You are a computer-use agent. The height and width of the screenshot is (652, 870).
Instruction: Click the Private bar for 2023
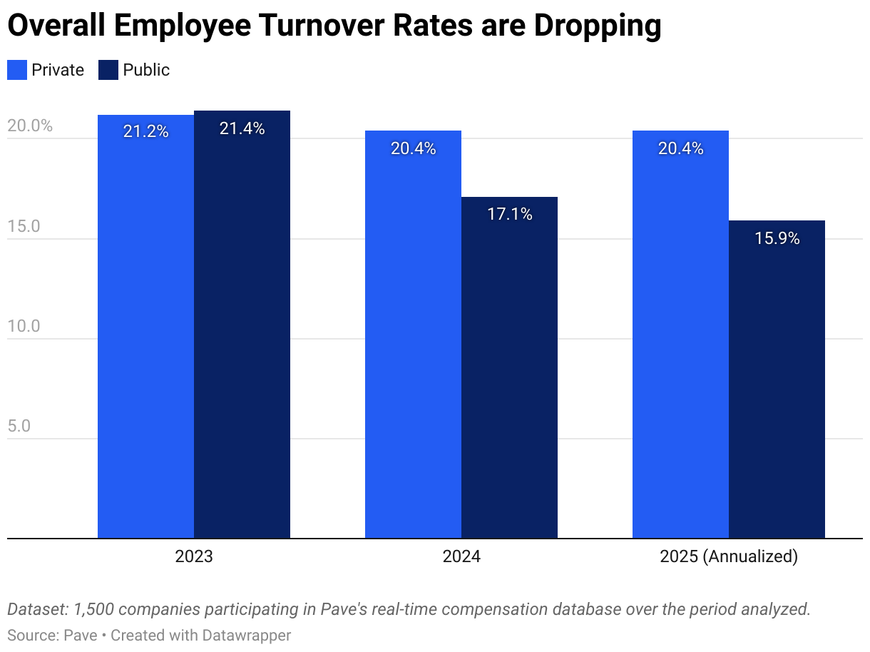tap(145, 328)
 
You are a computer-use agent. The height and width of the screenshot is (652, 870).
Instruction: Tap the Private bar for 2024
tap(413, 335)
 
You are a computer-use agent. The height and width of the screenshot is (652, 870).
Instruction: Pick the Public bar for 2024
tap(509, 367)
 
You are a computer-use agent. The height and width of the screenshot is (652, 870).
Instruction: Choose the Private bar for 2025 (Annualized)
tap(680, 335)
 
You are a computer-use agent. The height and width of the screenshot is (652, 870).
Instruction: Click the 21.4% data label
tap(242, 129)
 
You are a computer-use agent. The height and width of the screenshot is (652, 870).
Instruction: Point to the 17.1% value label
tap(509, 214)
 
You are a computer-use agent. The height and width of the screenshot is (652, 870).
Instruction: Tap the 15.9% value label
tap(777, 238)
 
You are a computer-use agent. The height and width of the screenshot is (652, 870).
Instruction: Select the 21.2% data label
tap(145, 132)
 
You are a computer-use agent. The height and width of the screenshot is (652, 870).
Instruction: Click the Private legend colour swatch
tap(17, 70)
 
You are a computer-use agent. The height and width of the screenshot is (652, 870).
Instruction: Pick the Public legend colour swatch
tap(108, 70)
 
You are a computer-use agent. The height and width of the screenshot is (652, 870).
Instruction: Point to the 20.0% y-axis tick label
tap(30, 126)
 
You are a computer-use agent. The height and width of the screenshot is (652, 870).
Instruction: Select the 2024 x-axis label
tap(461, 556)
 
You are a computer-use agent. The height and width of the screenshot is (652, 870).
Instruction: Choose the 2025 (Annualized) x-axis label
tap(728, 556)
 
